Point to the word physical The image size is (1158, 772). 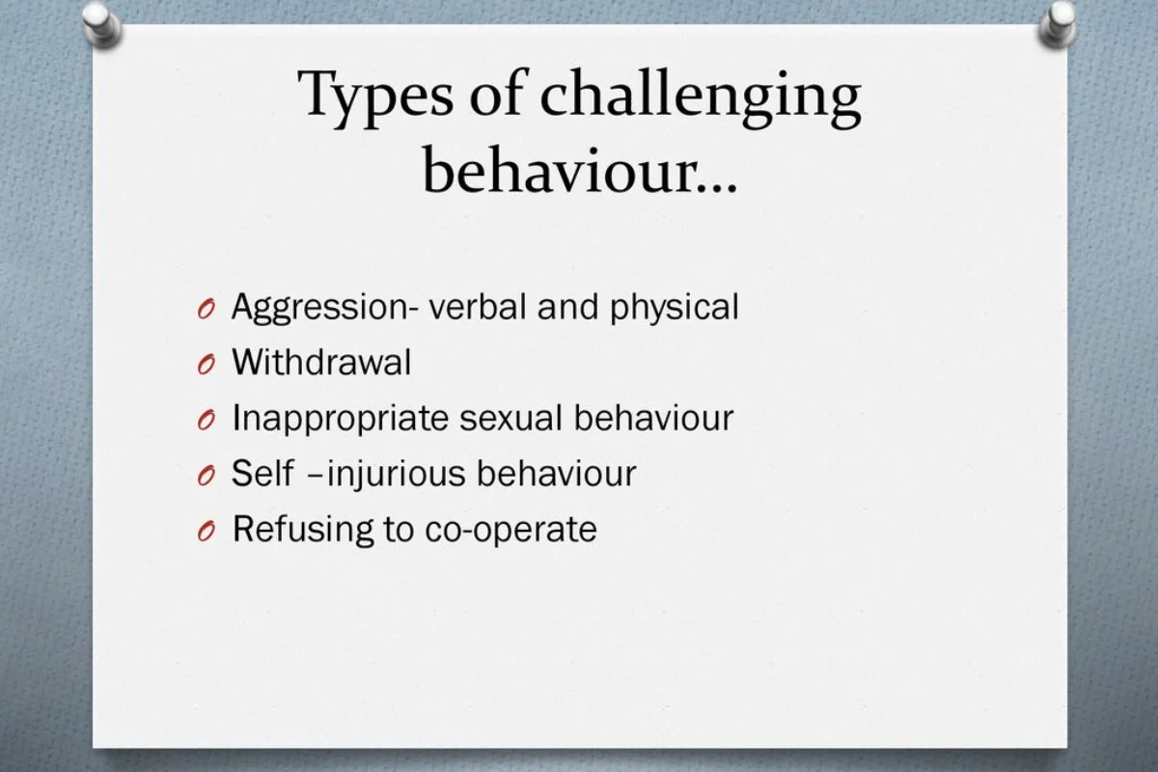pos(675,308)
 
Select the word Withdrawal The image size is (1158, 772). pos(321,362)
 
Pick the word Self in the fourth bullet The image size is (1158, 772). pos(262,473)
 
